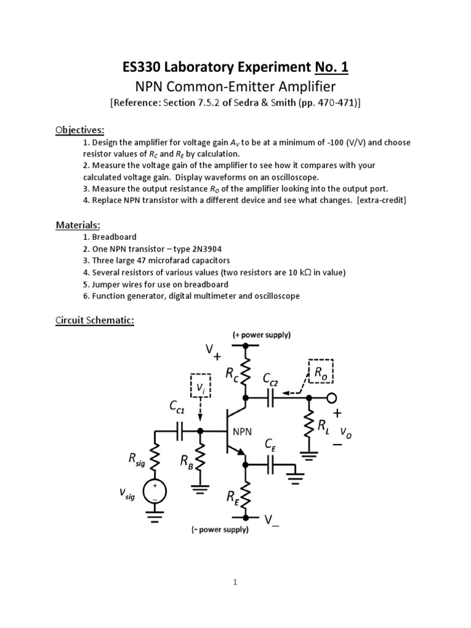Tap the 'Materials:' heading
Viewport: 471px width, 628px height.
[x=77, y=224]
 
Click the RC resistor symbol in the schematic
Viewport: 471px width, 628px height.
[x=245, y=371]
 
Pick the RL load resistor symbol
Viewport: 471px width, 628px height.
[x=309, y=426]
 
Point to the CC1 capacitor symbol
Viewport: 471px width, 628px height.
[x=180, y=434]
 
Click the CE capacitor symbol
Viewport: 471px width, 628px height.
[x=270, y=464]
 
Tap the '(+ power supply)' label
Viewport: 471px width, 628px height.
[x=261, y=335]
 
